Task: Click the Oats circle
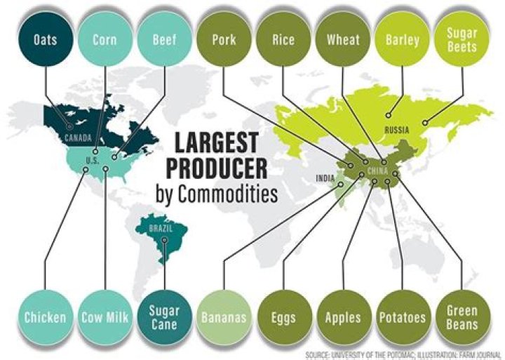coord(45,39)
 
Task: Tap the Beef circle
coord(164,39)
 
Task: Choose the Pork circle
coord(224,39)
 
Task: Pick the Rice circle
coord(283,39)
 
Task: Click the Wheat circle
coord(343,39)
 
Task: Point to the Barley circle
coord(402,39)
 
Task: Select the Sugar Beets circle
coord(462,39)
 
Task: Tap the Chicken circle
coord(45,317)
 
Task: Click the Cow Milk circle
coord(105,317)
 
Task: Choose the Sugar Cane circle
coord(164,317)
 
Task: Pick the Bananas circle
coord(224,317)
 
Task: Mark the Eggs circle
coord(283,317)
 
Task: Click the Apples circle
coord(343,317)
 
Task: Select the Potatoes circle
coord(402,317)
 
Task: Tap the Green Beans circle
coord(462,317)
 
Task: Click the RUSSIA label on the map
coord(396,130)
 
